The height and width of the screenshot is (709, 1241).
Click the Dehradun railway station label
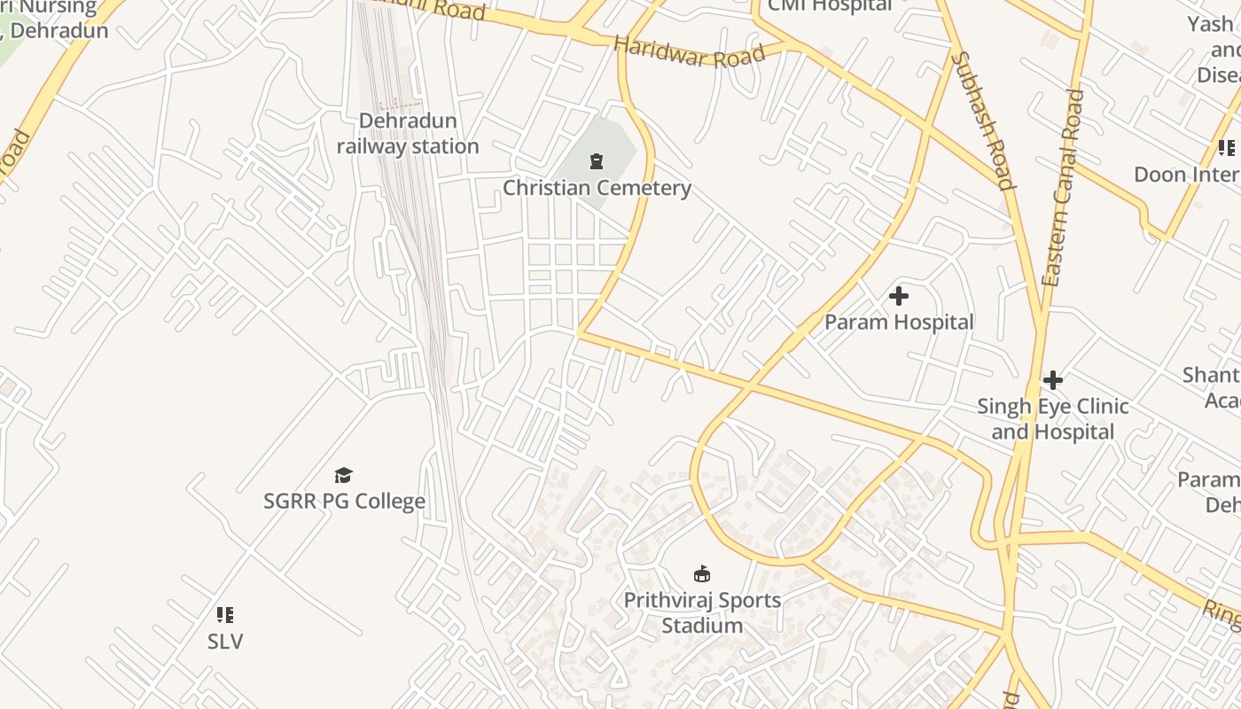(408, 134)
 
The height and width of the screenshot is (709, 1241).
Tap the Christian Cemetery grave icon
(597, 161)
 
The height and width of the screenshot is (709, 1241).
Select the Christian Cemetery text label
(597, 188)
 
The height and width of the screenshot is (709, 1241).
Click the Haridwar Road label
(689, 52)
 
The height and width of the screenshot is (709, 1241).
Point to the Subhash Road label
(982, 121)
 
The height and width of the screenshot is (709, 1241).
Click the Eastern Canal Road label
(1063, 187)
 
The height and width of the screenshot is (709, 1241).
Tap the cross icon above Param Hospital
(899, 295)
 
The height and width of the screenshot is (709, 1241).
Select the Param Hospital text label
(899, 322)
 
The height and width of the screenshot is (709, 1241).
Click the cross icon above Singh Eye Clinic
(1052, 380)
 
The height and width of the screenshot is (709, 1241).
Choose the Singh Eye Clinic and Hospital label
(1052, 419)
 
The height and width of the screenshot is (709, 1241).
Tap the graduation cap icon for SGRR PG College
(344, 476)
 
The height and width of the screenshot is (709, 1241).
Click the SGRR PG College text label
(344, 502)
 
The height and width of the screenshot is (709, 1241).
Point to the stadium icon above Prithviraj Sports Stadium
(702, 574)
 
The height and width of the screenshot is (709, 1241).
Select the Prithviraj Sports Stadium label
(702, 612)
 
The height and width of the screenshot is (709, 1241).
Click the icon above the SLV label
(225, 614)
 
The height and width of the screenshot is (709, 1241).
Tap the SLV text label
(225, 641)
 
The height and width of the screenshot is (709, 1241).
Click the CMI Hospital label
(829, 5)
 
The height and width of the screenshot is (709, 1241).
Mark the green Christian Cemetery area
(612, 142)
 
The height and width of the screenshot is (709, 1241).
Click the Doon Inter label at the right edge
(1186, 174)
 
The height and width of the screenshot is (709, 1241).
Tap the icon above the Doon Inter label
(1227, 147)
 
